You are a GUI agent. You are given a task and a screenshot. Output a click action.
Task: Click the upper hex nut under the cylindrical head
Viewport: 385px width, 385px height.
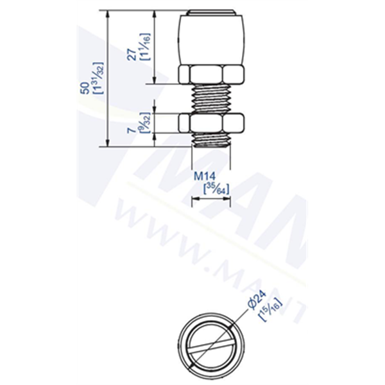point(211,74)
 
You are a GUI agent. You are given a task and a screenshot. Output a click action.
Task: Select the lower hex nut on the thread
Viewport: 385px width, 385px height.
point(211,123)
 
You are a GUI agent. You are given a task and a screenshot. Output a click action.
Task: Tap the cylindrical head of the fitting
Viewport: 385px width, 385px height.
point(211,38)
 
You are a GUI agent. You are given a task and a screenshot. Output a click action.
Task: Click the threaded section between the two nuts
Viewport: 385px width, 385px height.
point(211,99)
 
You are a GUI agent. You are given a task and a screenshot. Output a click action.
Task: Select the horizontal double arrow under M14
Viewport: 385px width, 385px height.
point(212,199)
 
